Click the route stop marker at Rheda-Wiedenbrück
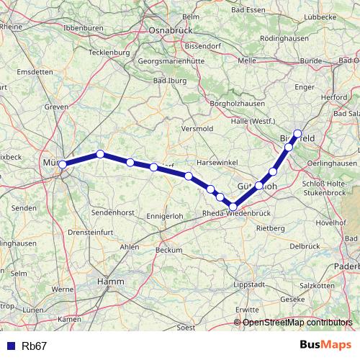[233, 207]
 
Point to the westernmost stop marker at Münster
[63, 165]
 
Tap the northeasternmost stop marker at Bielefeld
[297, 133]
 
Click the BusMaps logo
[322, 345]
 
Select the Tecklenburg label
[108, 53]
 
